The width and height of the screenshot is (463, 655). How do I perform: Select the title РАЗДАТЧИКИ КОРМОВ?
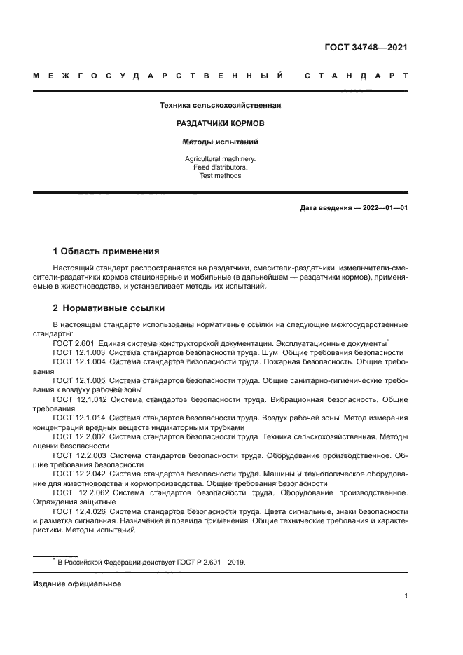click(x=220, y=123)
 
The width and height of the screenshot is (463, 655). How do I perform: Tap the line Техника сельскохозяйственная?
click(x=220, y=106)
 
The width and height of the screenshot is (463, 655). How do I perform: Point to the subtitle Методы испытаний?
click(x=220, y=141)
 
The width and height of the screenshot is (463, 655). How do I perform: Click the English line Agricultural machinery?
click(x=220, y=159)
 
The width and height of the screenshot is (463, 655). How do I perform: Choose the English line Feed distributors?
click(x=220, y=167)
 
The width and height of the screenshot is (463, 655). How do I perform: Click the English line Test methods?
click(x=220, y=176)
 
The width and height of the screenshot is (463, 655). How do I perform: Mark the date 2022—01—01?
click(x=382, y=208)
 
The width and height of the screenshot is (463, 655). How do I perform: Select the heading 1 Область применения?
click(x=106, y=251)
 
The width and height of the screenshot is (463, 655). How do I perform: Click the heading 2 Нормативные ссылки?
click(x=109, y=308)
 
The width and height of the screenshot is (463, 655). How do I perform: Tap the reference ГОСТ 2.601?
click(x=74, y=343)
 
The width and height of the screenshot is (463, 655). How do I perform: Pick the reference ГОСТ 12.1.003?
click(x=78, y=352)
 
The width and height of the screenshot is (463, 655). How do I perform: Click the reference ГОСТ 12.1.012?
click(x=78, y=399)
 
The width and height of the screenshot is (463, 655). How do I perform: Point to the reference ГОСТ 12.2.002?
click(x=78, y=436)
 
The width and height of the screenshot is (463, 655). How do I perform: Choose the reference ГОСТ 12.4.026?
click(x=78, y=511)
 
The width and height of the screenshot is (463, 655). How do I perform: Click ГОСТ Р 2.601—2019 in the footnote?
click(x=207, y=562)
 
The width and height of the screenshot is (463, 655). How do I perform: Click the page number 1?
click(x=406, y=596)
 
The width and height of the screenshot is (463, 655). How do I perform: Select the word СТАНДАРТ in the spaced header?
click(x=356, y=76)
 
